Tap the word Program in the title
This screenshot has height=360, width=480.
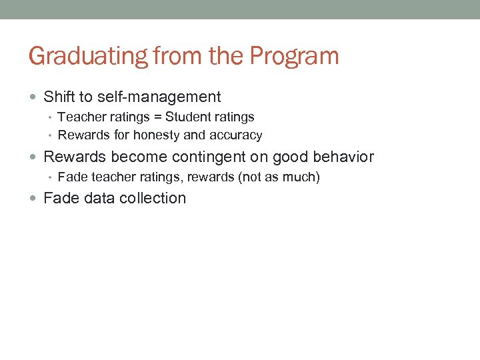tap(295, 56)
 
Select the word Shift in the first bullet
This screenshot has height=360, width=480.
tap(59, 97)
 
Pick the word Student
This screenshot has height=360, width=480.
tap(187, 117)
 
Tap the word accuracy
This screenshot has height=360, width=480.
tap(236, 135)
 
